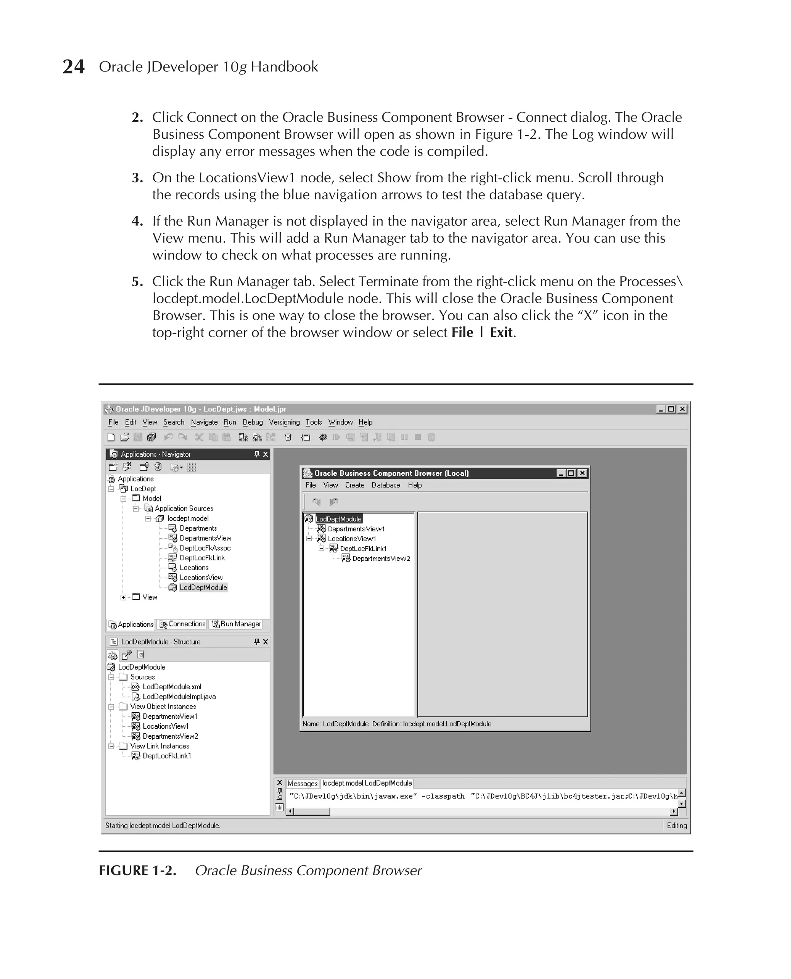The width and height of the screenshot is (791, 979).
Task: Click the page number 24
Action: pos(73,66)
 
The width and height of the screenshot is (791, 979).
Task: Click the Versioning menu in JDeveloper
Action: pos(284,422)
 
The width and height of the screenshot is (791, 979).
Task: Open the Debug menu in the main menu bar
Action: pos(253,422)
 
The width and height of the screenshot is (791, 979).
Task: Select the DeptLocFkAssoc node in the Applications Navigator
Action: pos(205,548)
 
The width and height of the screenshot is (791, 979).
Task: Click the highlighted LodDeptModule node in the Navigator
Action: pos(203,588)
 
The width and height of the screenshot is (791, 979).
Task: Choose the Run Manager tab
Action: pos(236,624)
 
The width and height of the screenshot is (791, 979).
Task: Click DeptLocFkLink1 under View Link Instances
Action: pos(167,756)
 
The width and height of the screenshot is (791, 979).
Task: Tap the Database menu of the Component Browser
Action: pos(385,485)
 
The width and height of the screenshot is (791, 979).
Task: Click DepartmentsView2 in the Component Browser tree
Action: pos(381,558)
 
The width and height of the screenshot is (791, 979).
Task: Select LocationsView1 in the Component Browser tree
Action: pos(352,539)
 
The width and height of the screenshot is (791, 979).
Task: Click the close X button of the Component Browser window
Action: pos(582,473)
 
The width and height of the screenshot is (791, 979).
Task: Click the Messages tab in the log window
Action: pos(302,784)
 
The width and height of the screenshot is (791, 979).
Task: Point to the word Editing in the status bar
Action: pos(676,825)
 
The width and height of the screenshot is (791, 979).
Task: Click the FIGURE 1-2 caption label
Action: pos(137,870)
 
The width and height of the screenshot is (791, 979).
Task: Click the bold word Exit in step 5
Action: pos(501,333)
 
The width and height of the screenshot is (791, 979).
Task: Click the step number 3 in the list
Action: pos(137,178)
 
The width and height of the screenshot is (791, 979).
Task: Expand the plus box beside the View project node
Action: pos(124,598)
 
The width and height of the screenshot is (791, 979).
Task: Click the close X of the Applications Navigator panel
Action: pos(266,454)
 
